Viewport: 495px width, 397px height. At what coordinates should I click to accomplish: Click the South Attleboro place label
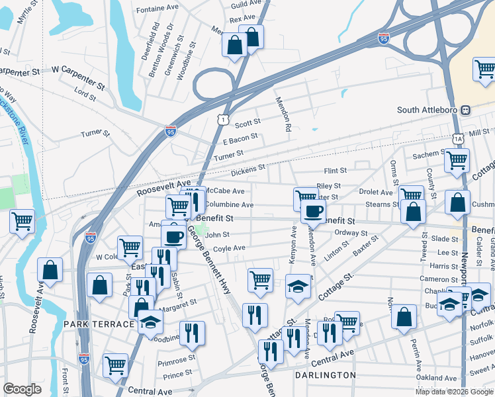(x=427, y=110)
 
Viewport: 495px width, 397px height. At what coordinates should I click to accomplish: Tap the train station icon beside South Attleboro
(x=466, y=110)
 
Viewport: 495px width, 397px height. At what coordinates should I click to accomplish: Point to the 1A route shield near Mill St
(x=458, y=138)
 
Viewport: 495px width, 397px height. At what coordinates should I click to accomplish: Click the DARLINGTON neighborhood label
(x=326, y=375)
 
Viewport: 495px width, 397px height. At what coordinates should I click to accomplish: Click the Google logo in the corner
(x=22, y=388)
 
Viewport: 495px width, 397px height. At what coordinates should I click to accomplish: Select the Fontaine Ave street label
(x=158, y=10)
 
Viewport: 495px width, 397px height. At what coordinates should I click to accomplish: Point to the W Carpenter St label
(x=78, y=68)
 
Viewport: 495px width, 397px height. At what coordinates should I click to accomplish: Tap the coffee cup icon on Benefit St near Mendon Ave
(x=313, y=211)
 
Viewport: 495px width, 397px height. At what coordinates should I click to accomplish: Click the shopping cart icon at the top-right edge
(x=484, y=68)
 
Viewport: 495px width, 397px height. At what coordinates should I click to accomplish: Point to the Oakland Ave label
(x=441, y=378)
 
